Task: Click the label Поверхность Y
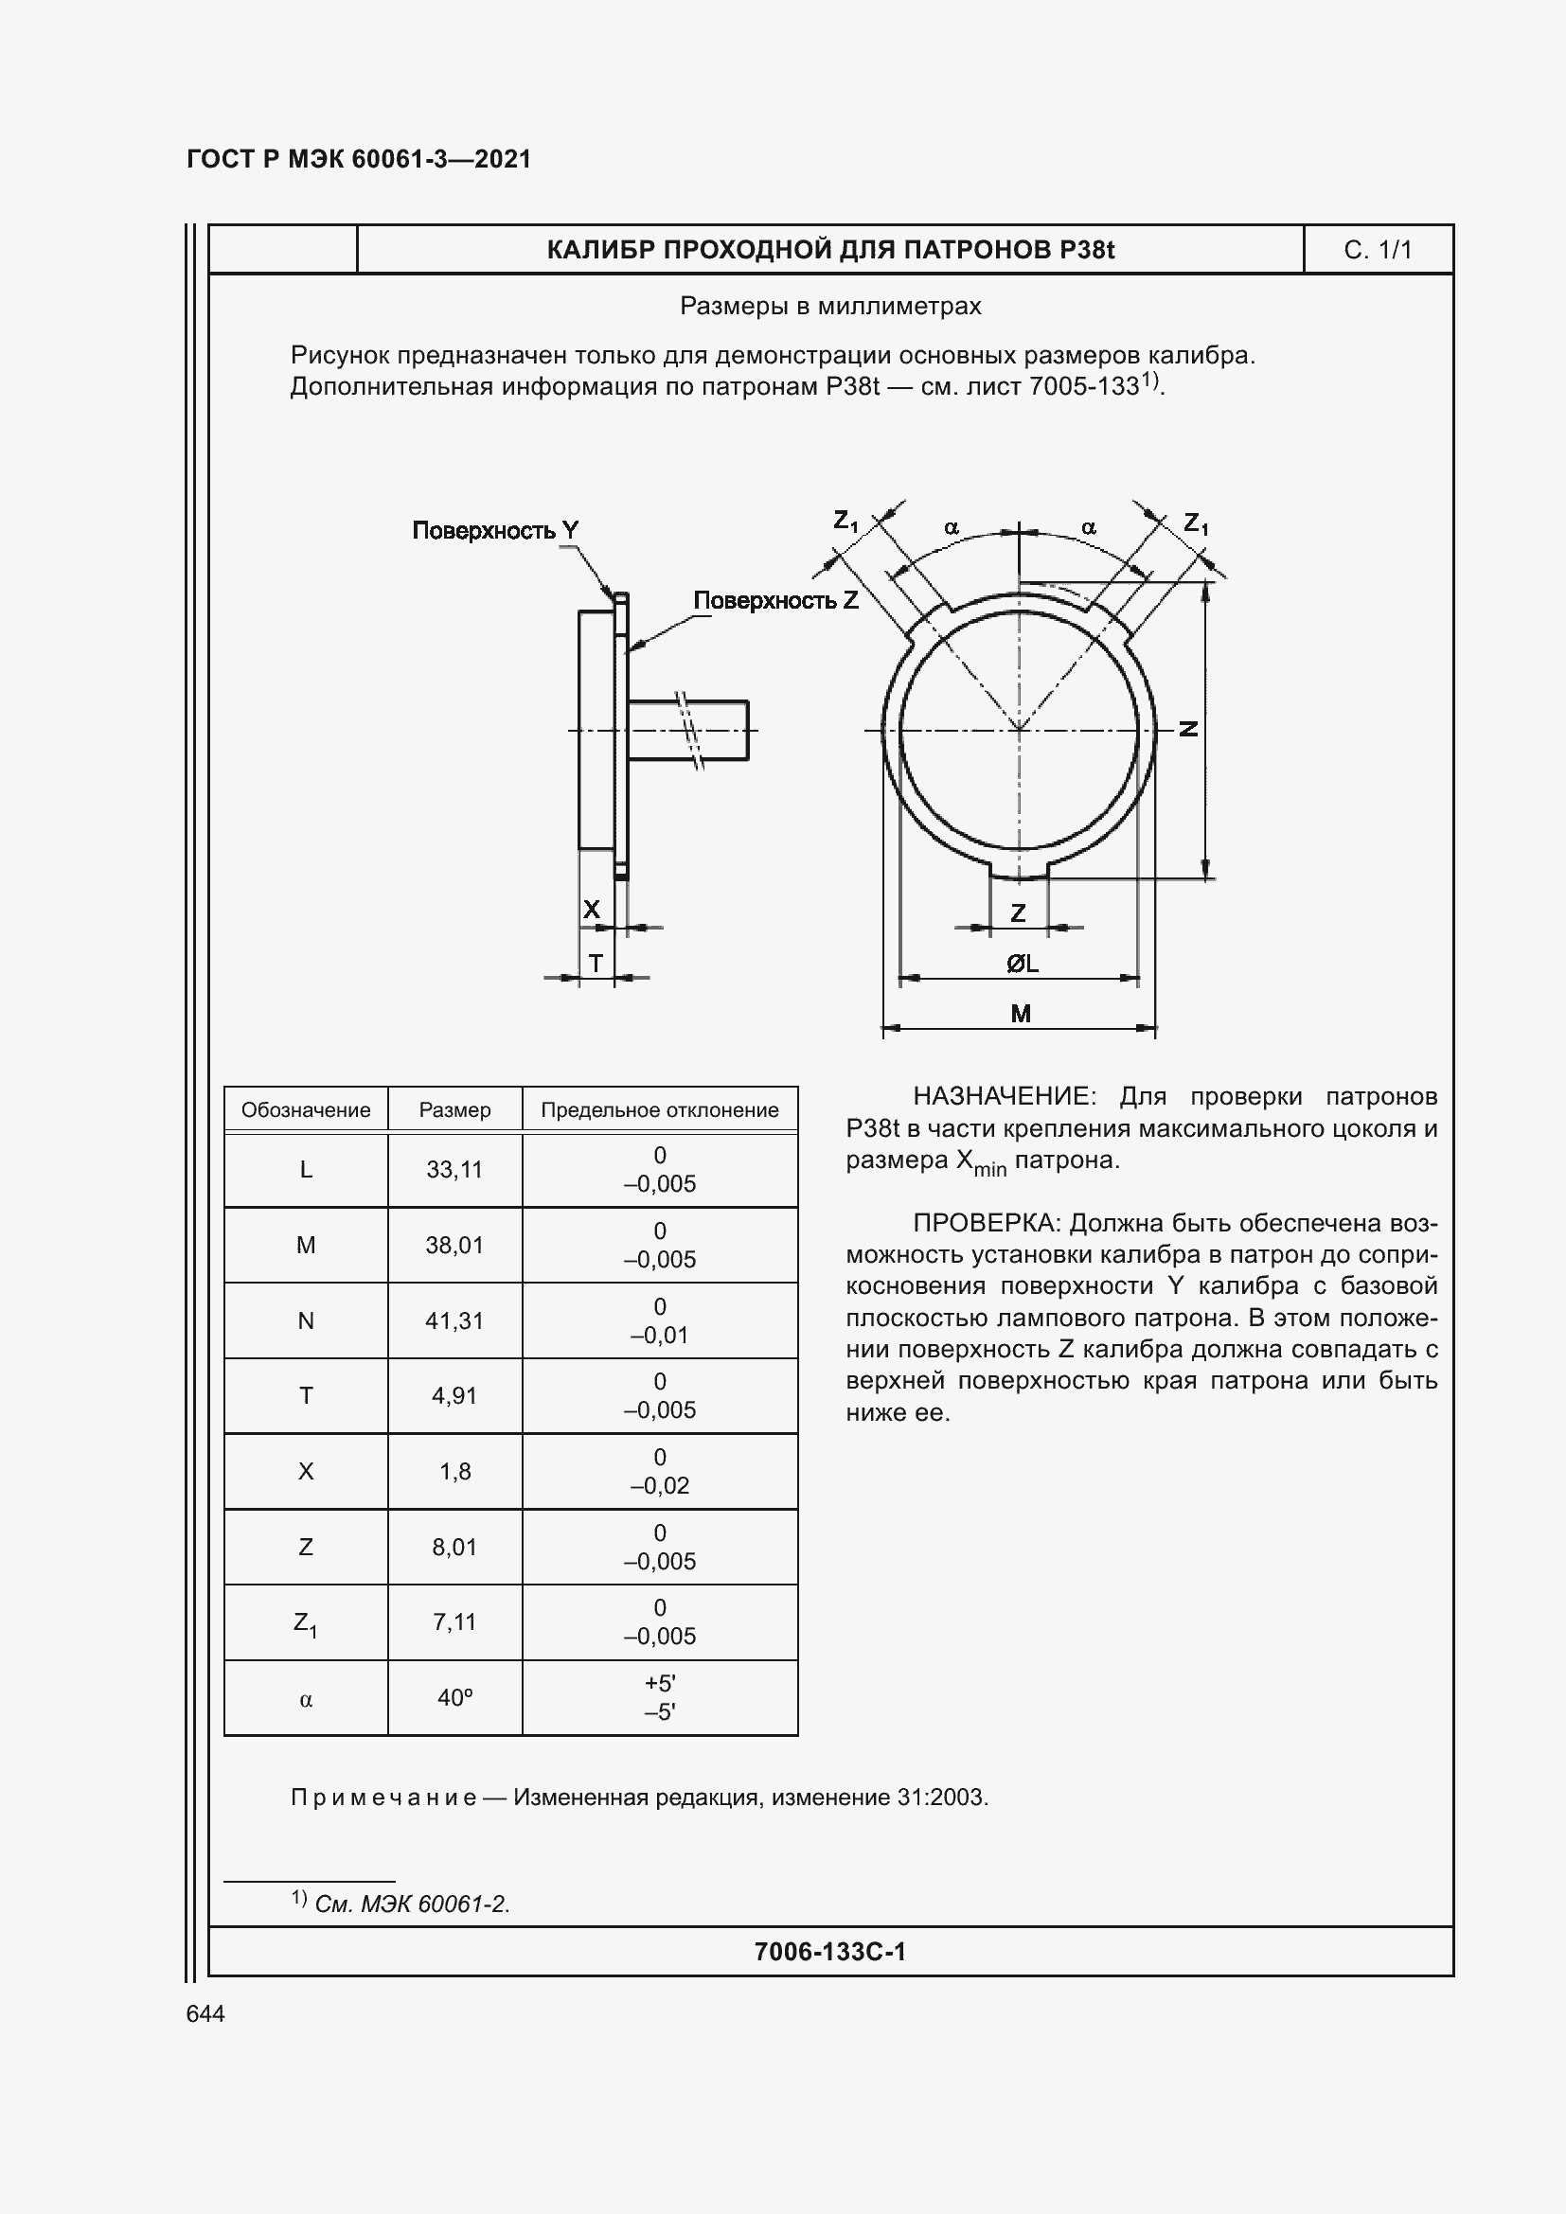tap(494, 530)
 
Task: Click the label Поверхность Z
tap(775, 601)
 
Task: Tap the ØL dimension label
tap(1022, 964)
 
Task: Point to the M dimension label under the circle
tap(1021, 1014)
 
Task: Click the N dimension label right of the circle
tap(1190, 729)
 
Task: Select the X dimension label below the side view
tap(591, 910)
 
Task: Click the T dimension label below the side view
tap(595, 964)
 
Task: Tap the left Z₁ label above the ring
tap(845, 522)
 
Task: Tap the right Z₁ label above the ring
tap(1196, 523)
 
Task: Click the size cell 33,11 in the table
tap(454, 1170)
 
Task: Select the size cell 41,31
tap(454, 1321)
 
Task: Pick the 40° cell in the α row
tap(454, 1698)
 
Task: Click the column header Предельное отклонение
tap(660, 1110)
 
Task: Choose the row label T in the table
tap(306, 1395)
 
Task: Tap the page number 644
tap(205, 2013)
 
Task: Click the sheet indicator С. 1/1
tap(1377, 251)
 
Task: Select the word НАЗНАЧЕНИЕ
tap(1003, 1096)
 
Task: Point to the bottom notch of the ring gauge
tap(1020, 871)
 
